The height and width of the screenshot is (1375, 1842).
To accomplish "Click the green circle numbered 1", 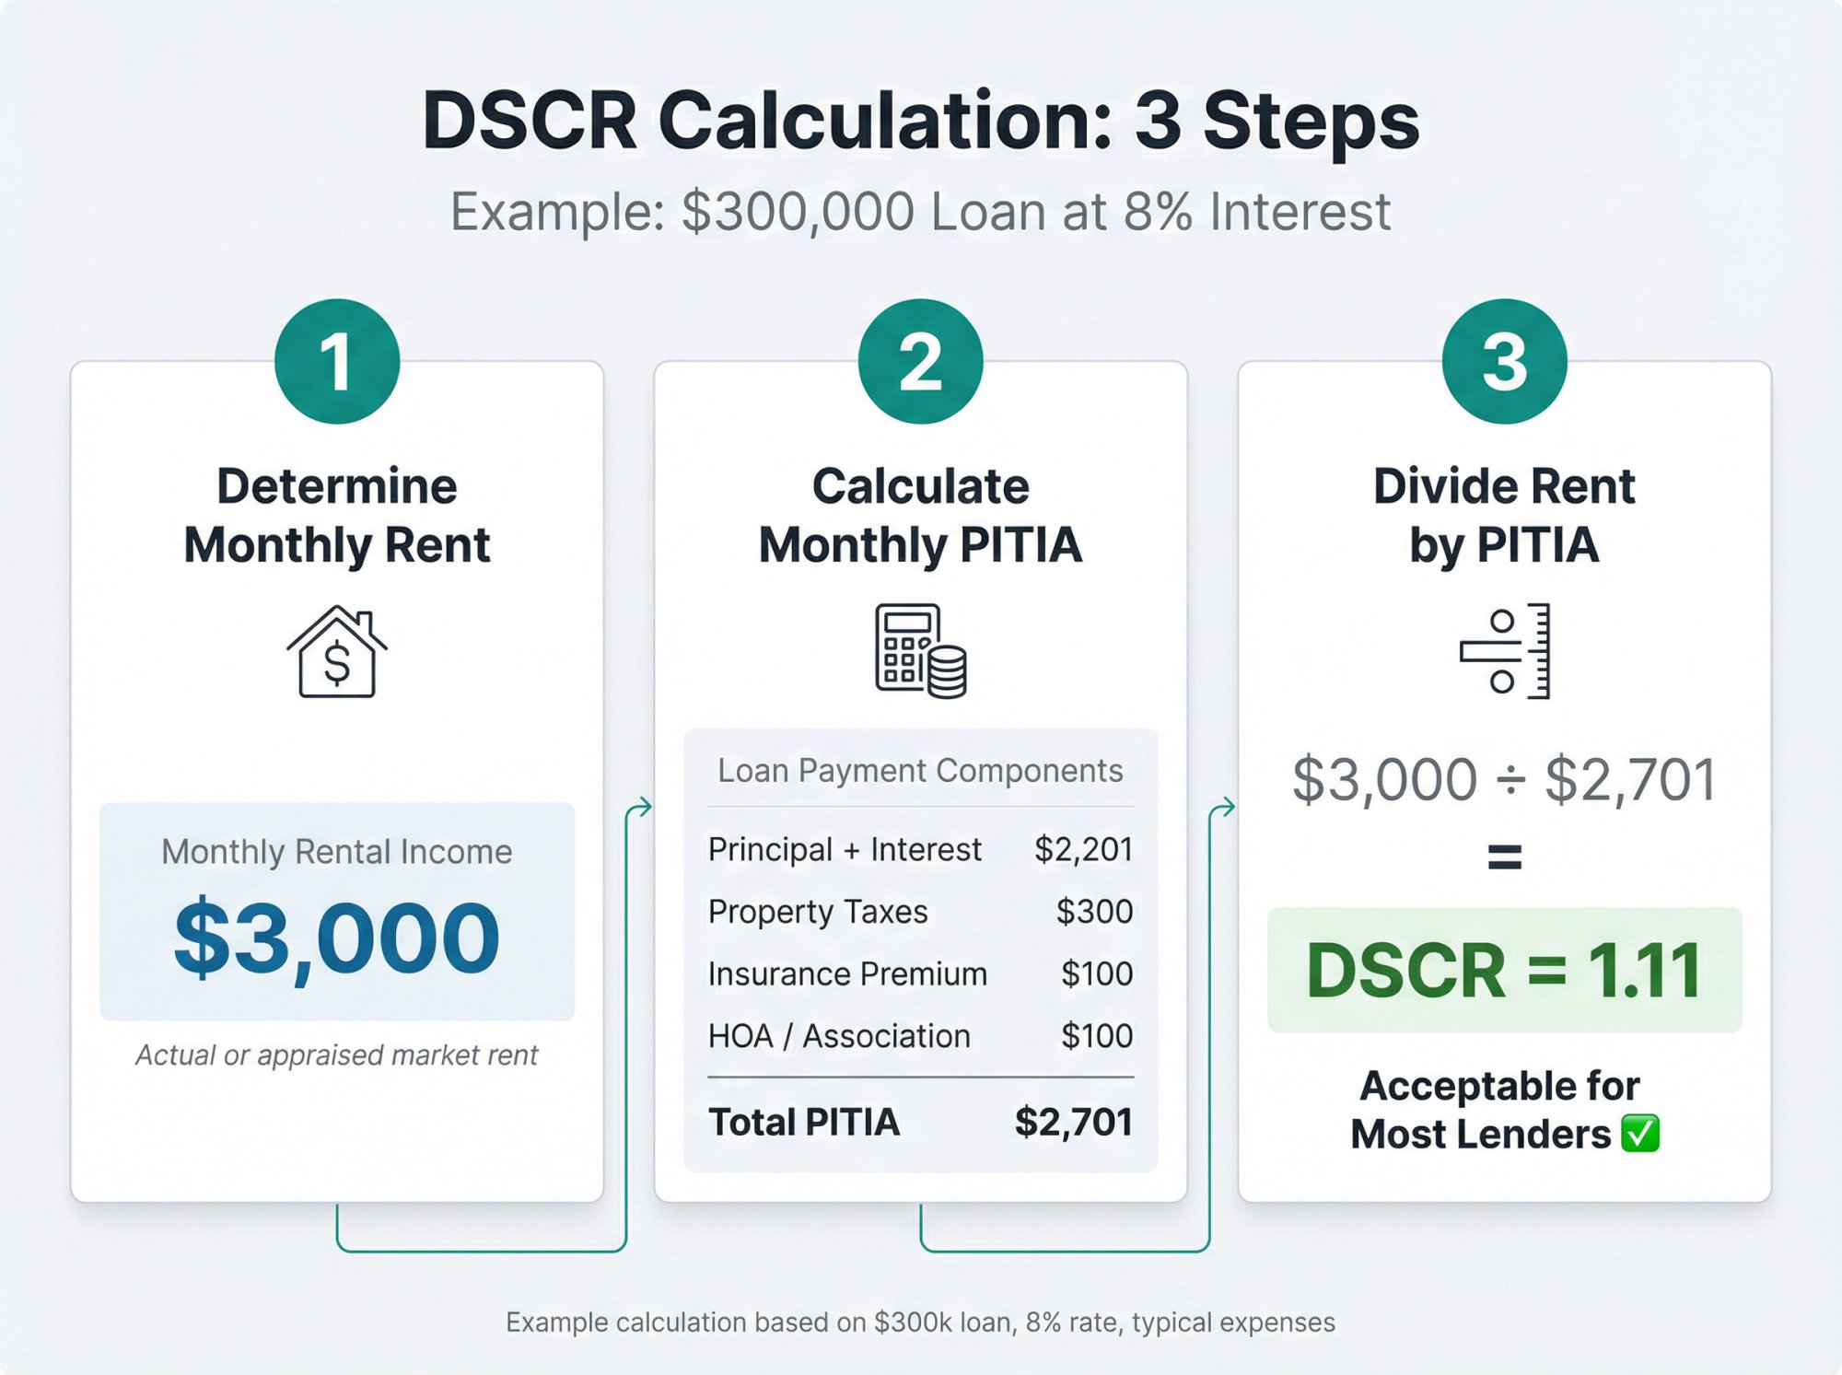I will point(337,361).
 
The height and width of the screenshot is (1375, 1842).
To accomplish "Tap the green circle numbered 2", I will point(920,361).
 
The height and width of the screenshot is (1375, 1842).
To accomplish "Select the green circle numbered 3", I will point(1504,361).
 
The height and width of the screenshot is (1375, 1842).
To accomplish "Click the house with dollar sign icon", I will point(337,652).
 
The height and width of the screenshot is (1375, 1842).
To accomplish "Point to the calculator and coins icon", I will point(920,651).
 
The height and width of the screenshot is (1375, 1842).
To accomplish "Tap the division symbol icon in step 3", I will point(1504,651).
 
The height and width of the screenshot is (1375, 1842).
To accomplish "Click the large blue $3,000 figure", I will point(337,938).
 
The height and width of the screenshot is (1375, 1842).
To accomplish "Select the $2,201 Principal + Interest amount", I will point(1083,849).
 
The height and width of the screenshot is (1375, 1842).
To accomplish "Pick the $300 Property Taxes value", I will point(1094,912).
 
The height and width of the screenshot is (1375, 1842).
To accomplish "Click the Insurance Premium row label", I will point(847,974).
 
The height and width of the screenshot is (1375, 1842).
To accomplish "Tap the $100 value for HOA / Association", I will point(1096,1036).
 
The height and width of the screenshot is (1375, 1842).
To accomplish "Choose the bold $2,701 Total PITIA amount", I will point(1073,1123).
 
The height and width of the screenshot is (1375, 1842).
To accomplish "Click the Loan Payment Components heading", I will point(920,771).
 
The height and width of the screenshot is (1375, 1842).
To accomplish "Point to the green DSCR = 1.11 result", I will point(1504,971).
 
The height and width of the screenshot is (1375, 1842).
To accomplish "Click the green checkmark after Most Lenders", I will point(1640,1134).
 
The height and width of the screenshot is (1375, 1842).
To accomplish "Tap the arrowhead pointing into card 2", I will point(646,807).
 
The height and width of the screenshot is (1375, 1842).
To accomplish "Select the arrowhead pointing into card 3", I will point(1229,807).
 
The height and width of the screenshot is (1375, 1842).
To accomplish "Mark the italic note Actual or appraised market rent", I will point(337,1055).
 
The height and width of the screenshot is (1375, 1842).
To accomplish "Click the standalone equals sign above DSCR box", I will point(1504,857).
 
